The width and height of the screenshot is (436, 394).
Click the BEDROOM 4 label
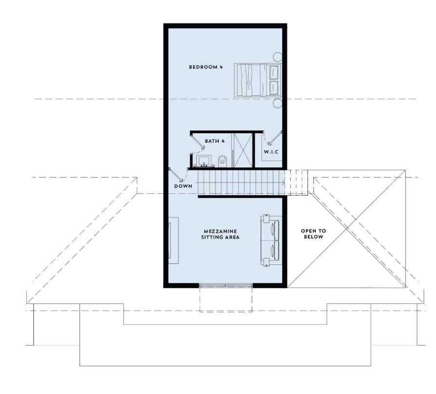click(x=206, y=67)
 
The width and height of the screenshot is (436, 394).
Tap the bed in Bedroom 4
click(x=258, y=80)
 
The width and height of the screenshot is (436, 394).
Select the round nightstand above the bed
click(x=277, y=57)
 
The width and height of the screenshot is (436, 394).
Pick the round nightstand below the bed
click(x=277, y=103)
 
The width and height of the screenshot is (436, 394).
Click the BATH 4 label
click(x=215, y=141)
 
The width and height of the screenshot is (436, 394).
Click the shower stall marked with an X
click(x=243, y=150)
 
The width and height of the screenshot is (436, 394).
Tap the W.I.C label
click(x=271, y=152)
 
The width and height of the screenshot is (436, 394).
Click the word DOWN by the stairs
click(x=183, y=186)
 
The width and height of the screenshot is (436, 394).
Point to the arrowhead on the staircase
click(x=283, y=183)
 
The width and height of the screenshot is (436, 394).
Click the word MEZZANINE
click(x=221, y=231)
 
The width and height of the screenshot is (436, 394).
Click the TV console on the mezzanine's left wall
click(x=173, y=240)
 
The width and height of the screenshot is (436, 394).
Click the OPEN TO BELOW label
click(x=313, y=234)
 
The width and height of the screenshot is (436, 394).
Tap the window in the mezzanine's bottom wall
click(x=226, y=285)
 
